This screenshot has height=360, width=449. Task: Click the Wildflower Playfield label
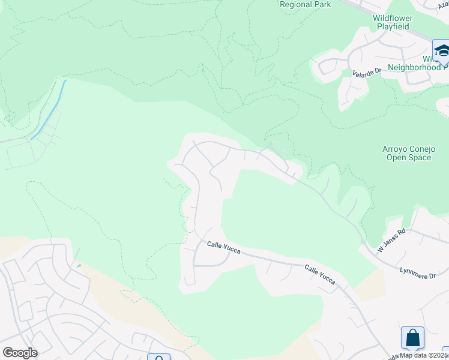tap(393, 22)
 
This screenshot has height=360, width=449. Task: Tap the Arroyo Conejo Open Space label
tap(406, 153)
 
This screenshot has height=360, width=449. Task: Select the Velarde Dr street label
tap(367, 72)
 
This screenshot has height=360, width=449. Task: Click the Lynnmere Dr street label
tap(418, 271)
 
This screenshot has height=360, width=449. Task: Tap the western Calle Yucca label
tap(223, 247)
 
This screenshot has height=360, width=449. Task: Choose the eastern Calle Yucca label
tap(319, 275)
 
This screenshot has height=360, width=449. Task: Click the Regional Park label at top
tap(305, 5)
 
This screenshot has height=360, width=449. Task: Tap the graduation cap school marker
tap(441, 50)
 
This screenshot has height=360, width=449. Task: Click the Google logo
tap(20, 353)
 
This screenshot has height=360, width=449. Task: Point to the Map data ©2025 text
tap(423, 355)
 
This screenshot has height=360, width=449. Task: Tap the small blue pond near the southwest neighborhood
tap(79, 266)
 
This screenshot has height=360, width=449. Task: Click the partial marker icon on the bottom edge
tap(158, 358)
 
